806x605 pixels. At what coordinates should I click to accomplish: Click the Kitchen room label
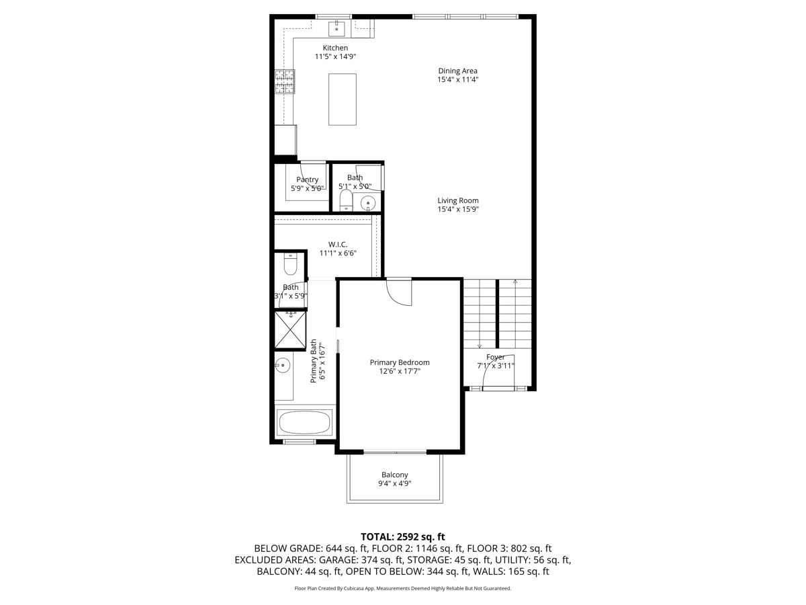point(335,48)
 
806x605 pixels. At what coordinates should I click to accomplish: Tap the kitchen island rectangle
point(343,99)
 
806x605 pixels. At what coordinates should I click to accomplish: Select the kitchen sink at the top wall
point(336,28)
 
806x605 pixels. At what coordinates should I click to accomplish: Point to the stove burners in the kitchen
point(284,81)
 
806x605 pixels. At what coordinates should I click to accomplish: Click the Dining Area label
point(457,71)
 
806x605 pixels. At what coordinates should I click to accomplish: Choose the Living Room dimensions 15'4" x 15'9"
point(457,209)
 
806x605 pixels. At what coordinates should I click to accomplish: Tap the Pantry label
point(308,179)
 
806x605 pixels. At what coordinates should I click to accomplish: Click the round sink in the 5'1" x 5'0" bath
point(368,203)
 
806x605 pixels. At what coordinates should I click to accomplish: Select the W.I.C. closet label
point(337,244)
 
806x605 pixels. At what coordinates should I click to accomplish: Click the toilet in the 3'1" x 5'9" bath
point(290,266)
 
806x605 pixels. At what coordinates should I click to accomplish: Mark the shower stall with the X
point(291,329)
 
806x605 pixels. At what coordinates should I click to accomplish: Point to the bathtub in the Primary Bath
point(305,423)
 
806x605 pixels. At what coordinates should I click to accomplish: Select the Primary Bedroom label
point(400,362)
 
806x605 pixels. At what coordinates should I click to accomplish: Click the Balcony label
point(395,475)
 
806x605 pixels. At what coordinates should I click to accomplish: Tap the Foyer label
point(496,357)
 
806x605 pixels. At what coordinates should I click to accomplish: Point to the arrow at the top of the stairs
point(515,282)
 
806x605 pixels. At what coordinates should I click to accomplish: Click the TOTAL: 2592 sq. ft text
point(403,536)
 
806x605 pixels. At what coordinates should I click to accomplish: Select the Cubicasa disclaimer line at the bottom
point(403,588)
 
